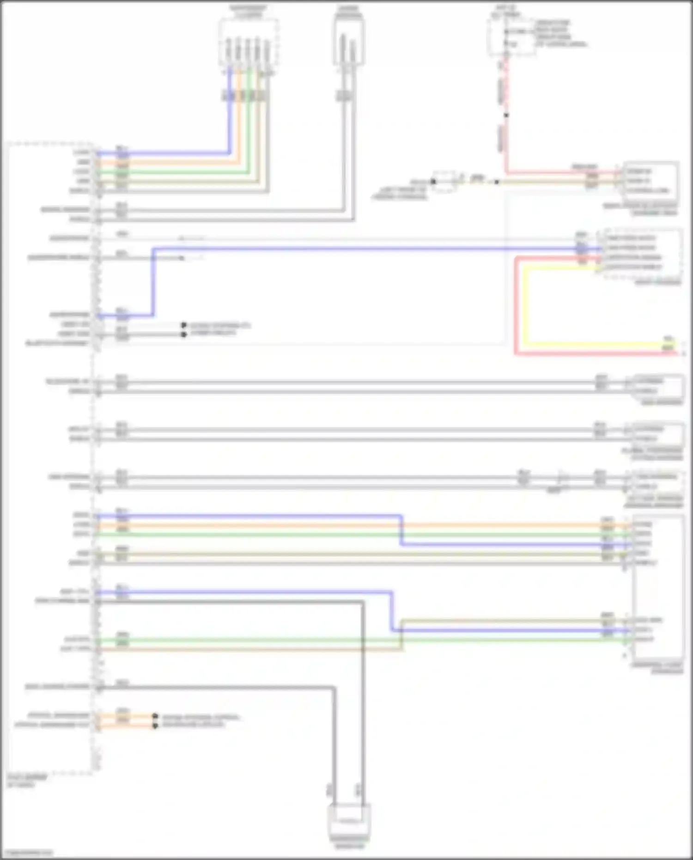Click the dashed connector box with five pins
click(249, 43)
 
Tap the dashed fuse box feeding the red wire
click(512, 37)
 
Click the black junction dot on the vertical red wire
click(506, 115)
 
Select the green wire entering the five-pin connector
click(249, 120)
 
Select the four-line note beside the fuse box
click(560, 33)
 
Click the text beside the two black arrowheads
click(220, 329)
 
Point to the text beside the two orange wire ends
click(200, 720)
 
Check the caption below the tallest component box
click(658, 668)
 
